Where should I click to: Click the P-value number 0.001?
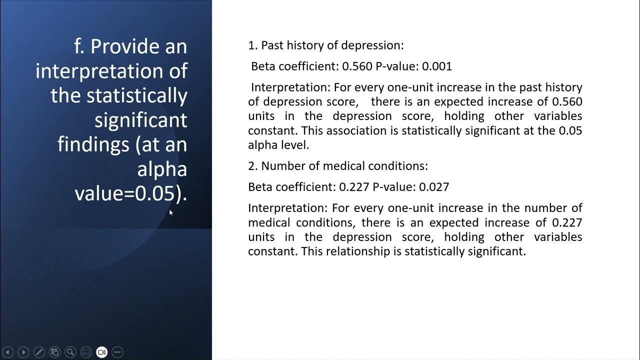coord(437,66)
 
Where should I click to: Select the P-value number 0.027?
coord(434,187)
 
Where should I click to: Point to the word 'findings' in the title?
coord(93,144)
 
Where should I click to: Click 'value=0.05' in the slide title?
coord(127,193)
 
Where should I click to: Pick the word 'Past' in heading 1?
coord(272,45)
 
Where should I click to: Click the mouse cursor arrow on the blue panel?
coord(170,212)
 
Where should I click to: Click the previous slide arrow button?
coord(7,352)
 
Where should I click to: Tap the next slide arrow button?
coord(23,352)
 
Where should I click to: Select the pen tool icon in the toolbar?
coord(38,352)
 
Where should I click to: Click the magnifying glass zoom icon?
coord(70,352)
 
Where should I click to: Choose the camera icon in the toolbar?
coord(101,352)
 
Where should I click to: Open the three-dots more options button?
coord(117,352)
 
